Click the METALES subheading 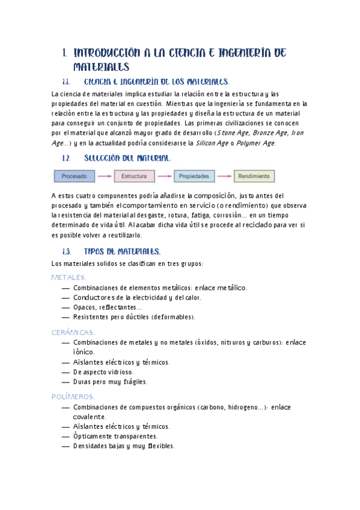pos(69,277)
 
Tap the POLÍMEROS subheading pos(73,397)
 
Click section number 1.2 pos(67,158)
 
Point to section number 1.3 pos(67,251)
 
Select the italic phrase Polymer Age pos(254,143)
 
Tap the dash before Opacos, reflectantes pos(66,307)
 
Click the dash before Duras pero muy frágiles pos(66,381)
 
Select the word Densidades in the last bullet pos(90,446)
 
